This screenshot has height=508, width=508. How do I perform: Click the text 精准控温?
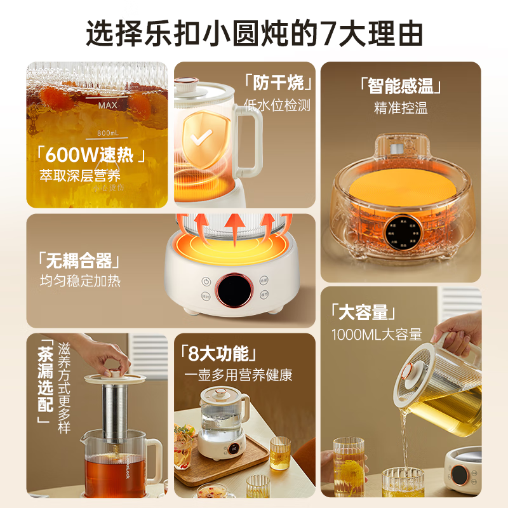pos(401,108)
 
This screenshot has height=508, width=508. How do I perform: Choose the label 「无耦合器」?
pos(79,259)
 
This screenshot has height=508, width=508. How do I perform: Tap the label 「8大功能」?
pos(218,352)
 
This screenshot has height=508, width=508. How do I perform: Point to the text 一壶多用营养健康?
pos(238,375)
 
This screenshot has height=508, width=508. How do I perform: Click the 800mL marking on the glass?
pos(109,133)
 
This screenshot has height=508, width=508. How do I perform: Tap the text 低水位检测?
pos(277,105)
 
